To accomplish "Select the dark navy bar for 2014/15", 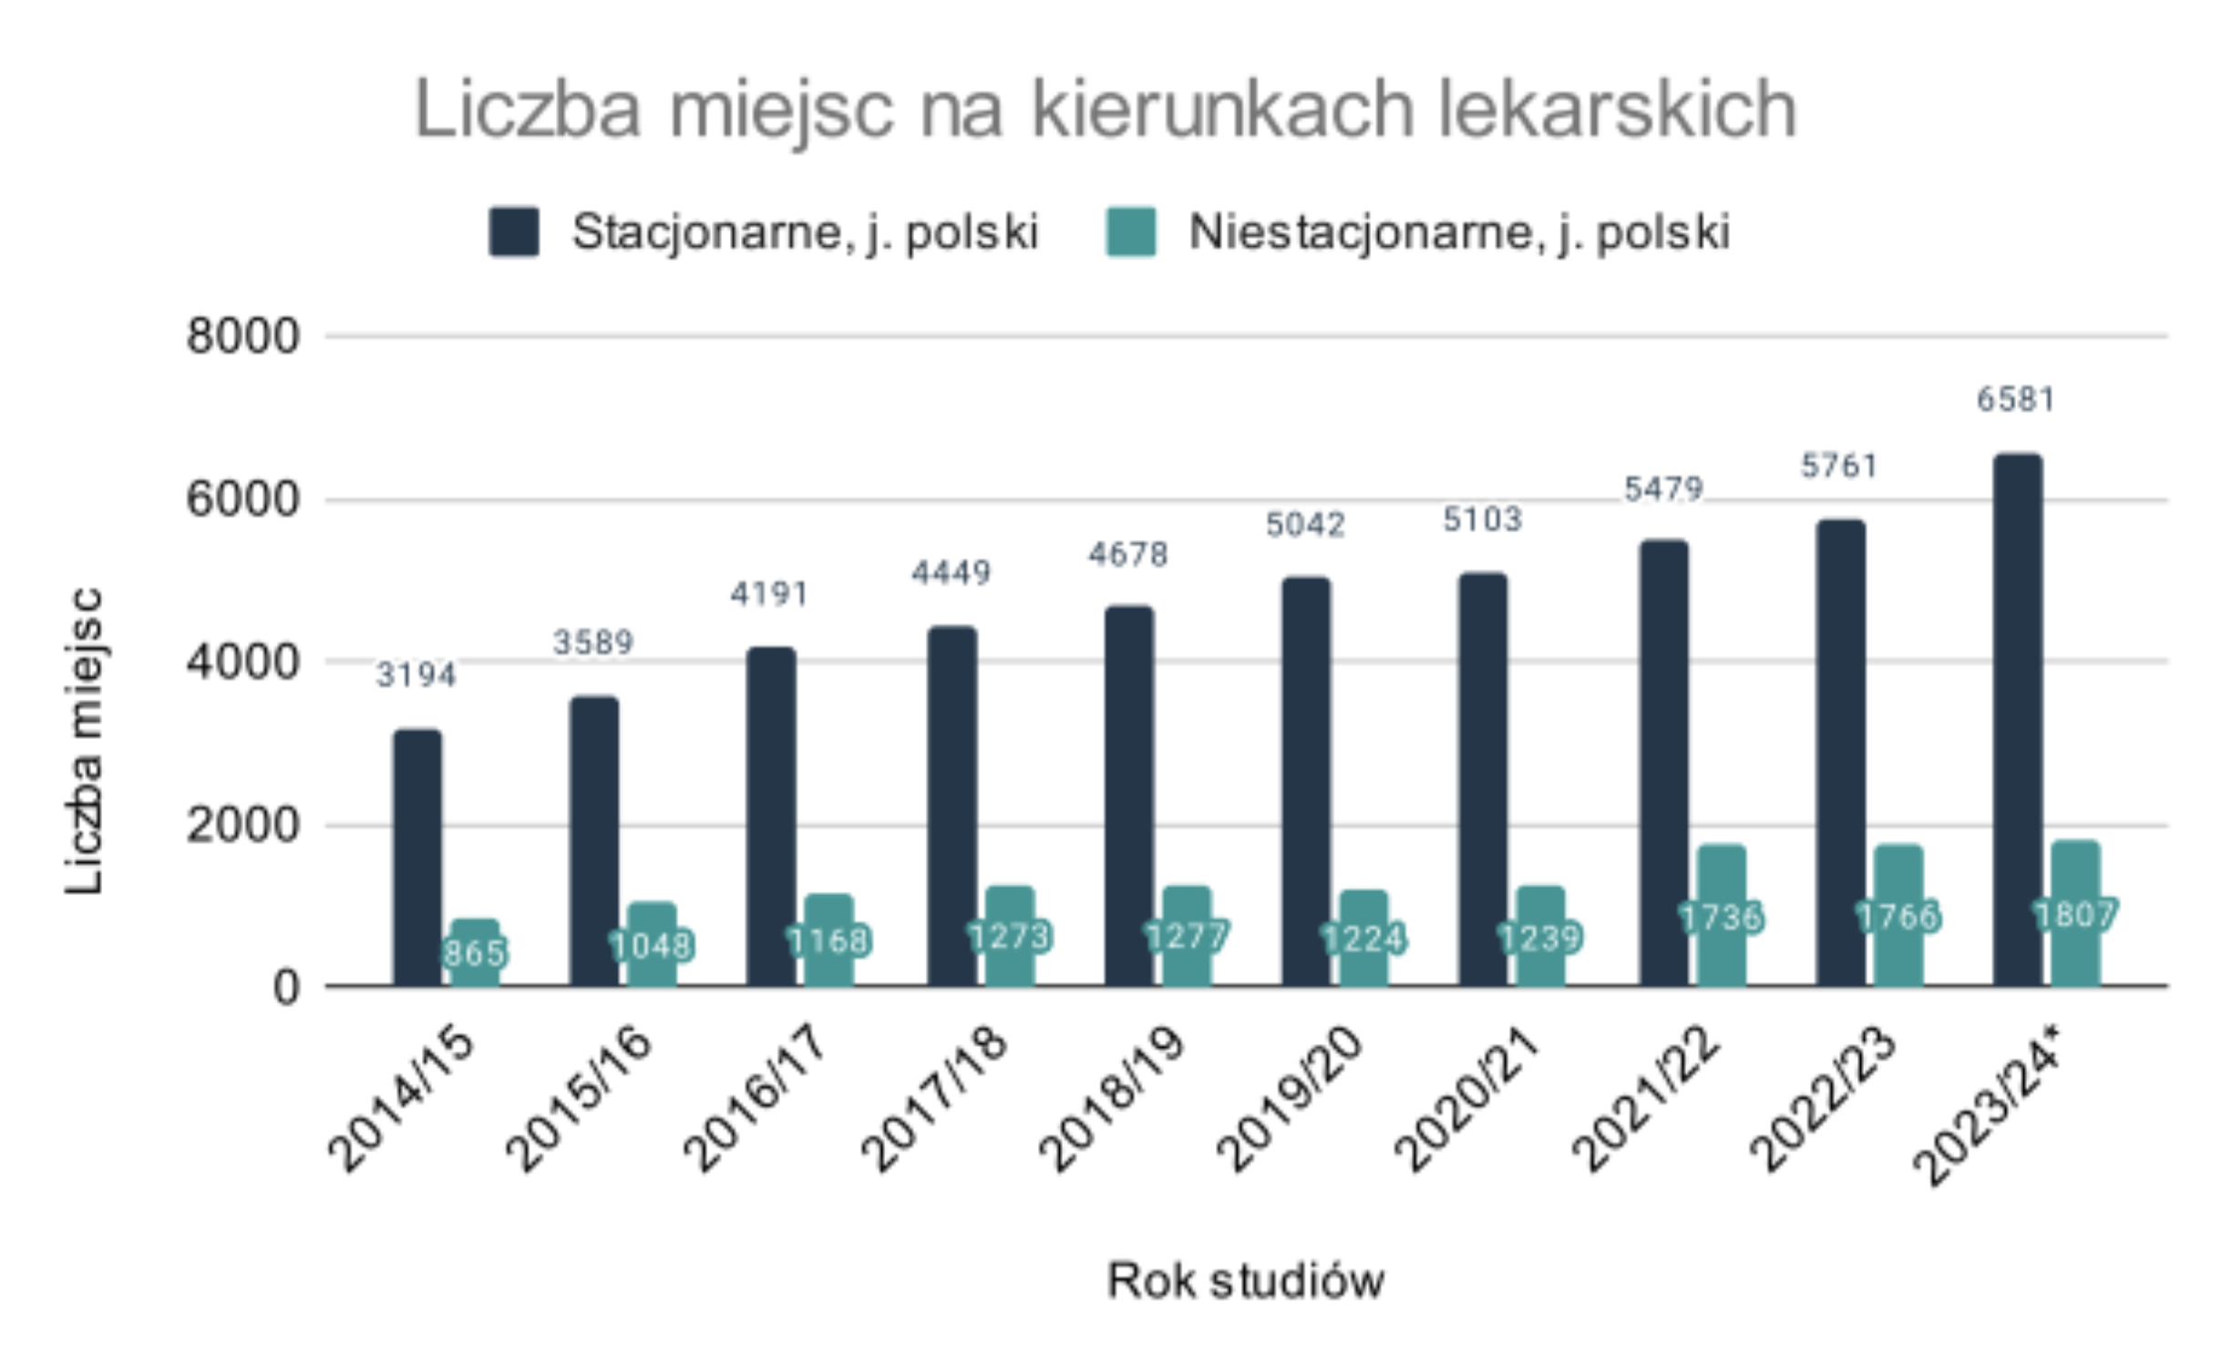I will click(417, 857).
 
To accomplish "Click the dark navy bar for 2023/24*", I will click(2017, 720).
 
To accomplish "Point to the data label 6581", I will click(2015, 400).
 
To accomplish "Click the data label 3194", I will click(416, 675).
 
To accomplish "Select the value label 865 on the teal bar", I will click(474, 953).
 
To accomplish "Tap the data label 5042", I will click(1305, 525).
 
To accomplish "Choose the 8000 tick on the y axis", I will click(242, 336).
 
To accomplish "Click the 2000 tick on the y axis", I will click(242, 826).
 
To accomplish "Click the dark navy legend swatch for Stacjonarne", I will click(514, 231).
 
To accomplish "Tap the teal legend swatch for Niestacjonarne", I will click(1130, 231).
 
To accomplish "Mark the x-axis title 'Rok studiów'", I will click(1245, 1280).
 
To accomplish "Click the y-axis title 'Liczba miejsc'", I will click(85, 740).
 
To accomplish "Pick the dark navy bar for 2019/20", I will click(1305, 782).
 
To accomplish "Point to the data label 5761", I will click(1839, 467).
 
